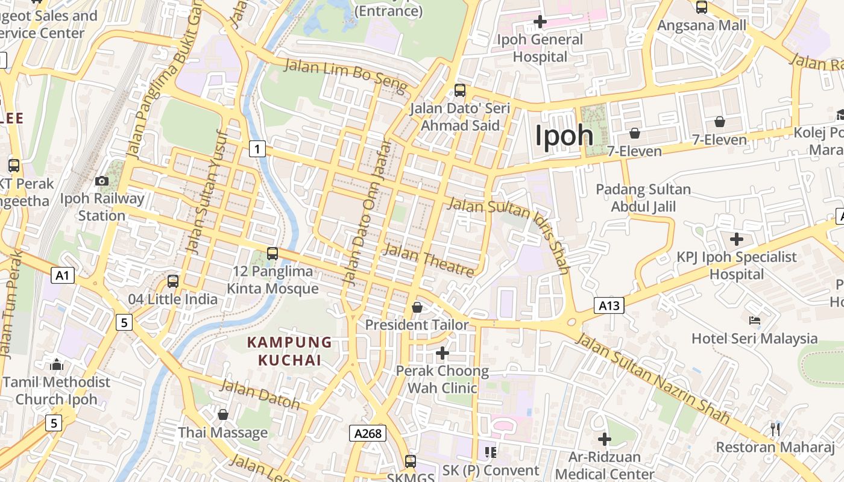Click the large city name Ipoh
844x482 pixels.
click(564, 136)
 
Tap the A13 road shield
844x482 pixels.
click(608, 305)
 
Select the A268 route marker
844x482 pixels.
click(367, 433)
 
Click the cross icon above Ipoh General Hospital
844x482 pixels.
click(540, 22)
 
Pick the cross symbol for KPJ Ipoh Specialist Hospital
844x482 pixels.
click(736, 239)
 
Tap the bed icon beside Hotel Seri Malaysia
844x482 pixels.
click(754, 320)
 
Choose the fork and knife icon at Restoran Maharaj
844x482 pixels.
click(775, 429)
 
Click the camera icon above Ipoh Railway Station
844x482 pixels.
click(102, 181)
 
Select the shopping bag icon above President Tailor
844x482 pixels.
click(417, 308)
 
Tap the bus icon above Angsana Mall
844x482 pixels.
click(702, 7)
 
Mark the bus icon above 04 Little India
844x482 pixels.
click(173, 281)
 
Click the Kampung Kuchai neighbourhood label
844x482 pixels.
click(289, 351)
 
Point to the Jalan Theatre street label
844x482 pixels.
click(429, 260)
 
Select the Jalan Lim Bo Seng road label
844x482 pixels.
click(345, 76)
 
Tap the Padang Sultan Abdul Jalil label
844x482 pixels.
click(643, 198)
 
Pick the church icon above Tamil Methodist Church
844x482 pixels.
click(57, 365)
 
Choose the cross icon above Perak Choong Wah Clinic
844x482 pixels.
click(442, 353)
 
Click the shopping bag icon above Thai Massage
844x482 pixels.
click(223, 415)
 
